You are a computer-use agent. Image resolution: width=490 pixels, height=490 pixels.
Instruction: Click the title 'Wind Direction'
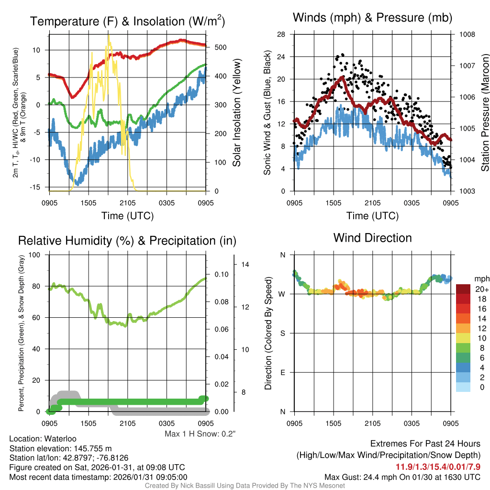(x=372, y=238)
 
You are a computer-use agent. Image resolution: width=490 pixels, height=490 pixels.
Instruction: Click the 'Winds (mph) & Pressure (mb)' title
(x=372, y=18)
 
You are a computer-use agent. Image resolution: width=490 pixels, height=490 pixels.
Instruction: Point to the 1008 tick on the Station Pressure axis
(x=467, y=34)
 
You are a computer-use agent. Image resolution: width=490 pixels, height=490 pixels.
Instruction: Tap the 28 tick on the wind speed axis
(x=281, y=34)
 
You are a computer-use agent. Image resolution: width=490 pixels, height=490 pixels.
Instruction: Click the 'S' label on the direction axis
(x=282, y=333)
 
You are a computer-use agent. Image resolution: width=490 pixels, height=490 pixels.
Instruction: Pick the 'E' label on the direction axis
(x=282, y=372)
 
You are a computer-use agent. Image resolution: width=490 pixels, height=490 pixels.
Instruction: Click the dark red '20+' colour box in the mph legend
(x=464, y=289)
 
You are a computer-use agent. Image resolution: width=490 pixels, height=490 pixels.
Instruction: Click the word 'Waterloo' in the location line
(x=59, y=438)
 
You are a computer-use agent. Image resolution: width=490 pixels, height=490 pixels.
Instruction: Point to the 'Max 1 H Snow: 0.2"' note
(x=200, y=434)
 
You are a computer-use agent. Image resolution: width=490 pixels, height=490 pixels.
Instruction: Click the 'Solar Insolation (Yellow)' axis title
(x=237, y=113)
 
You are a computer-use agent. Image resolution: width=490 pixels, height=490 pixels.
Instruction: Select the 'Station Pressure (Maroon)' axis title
(x=484, y=113)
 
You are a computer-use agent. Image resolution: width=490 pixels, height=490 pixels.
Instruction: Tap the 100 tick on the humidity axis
(x=40, y=255)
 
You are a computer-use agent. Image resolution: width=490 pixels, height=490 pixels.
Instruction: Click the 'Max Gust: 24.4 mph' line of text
(x=402, y=477)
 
